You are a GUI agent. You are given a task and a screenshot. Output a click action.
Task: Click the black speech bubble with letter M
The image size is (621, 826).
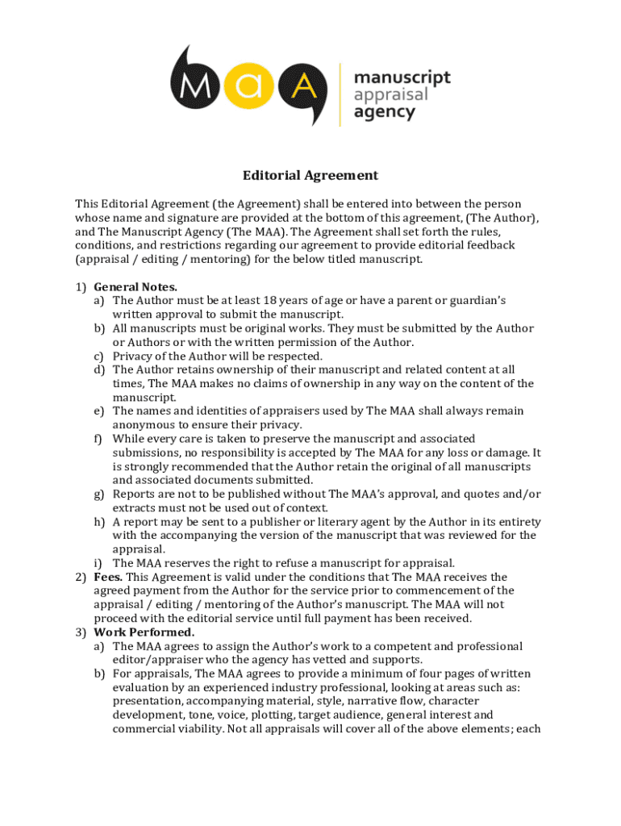click(x=194, y=84)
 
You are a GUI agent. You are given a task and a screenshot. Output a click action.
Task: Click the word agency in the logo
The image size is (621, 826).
click(x=385, y=113)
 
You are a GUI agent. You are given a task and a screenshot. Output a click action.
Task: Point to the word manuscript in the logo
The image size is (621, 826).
click(x=402, y=77)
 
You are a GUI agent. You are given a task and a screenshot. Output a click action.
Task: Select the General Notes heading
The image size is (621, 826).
click(x=135, y=286)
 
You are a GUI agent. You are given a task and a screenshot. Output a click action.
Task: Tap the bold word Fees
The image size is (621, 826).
click(x=108, y=577)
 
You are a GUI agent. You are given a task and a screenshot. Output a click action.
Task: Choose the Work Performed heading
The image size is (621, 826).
click(x=144, y=632)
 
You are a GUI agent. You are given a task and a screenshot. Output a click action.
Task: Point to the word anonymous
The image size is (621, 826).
click(x=144, y=424)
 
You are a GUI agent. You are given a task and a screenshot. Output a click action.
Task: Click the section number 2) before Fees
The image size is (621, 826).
click(x=81, y=577)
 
